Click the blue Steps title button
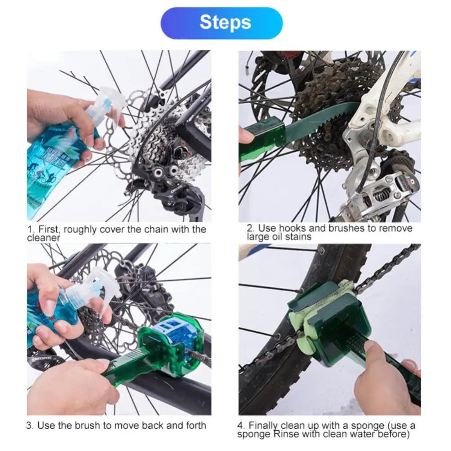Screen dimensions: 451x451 click(x=221, y=23)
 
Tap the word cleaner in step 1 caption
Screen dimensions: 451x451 click(x=44, y=238)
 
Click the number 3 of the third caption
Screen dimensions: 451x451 click(x=29, y=425)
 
